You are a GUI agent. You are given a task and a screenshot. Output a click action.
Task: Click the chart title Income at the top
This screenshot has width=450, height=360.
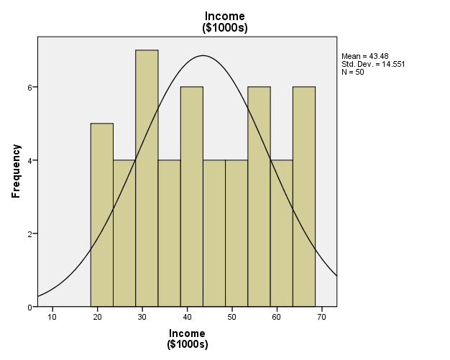point(224,17)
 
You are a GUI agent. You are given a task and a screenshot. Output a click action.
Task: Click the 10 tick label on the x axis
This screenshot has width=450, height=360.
point(52,316)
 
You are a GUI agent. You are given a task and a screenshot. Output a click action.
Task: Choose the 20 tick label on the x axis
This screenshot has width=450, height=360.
point(97,316)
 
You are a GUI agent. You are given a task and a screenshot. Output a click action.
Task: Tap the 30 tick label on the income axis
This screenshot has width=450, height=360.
point(142,316)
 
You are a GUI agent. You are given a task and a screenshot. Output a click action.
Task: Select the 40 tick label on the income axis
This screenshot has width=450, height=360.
point(187,316)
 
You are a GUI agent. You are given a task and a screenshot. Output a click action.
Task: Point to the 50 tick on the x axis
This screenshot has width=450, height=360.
point(232,316)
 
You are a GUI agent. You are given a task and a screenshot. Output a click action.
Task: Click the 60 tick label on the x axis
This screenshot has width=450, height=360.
point(277,316)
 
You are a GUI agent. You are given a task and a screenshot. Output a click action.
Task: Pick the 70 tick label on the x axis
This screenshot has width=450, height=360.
point(321,316)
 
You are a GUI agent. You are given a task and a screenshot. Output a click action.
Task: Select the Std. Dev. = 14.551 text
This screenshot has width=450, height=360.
point(373,64)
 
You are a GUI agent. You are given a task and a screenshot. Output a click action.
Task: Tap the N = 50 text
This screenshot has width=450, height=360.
point(352,72)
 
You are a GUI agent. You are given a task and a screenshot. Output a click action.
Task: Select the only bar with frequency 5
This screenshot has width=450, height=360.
point(101,215)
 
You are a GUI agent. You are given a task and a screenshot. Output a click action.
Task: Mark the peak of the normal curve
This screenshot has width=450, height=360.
point(203,55)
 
